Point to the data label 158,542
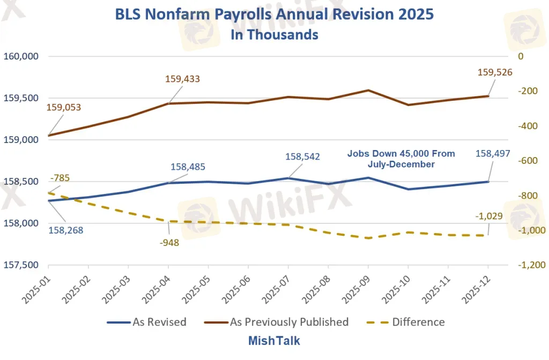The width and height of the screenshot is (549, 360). tap(302, 156)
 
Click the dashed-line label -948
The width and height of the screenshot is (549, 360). tap(169, 242)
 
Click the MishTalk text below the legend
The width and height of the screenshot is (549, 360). tap(274, 341)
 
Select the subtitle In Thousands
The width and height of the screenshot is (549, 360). tap(274, 34)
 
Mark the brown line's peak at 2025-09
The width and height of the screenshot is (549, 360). tap(368, 91)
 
